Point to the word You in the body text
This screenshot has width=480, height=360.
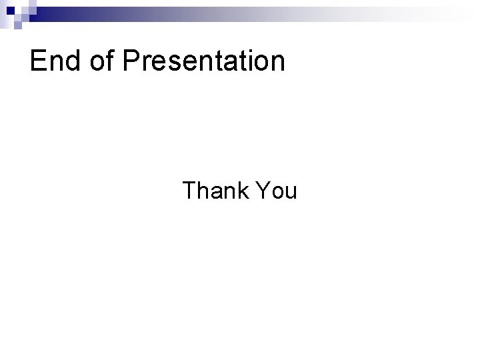click(x=275, y=191)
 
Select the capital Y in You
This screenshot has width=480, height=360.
click(x=260, y=191)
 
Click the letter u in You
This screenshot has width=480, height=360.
click(x=290, y=194)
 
